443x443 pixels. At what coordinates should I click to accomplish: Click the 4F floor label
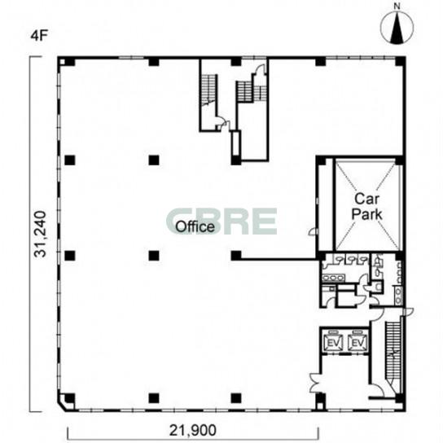coord(38,36)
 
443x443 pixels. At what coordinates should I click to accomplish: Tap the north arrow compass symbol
coord(397,28)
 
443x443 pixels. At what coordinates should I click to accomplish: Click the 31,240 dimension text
coord(40,234)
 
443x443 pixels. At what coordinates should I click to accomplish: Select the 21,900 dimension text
coord(193,430)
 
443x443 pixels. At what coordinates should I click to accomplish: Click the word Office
coord(195,226)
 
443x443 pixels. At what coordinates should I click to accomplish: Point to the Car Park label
coord(366,206)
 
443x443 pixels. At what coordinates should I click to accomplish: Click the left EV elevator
coord(334,342)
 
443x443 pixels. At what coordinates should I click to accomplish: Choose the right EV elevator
coord(357,342)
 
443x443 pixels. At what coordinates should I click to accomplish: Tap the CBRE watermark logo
coord(221,221)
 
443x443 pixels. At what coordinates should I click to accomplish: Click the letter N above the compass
coord(397,7)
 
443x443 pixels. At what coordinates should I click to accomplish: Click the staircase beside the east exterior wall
coord(393,353)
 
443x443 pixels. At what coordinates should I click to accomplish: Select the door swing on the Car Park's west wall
coord(313,231)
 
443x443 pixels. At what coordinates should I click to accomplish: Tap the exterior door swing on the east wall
coord(409,311)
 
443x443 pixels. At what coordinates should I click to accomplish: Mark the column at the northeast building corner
coord(400,61)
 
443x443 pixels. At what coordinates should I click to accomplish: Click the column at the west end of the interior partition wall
coord(236,256)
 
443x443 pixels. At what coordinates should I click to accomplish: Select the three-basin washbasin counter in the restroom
coord(333,278)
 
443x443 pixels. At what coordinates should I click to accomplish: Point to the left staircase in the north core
coord(209,90)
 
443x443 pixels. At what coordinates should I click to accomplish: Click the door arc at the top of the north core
coord(261,68)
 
